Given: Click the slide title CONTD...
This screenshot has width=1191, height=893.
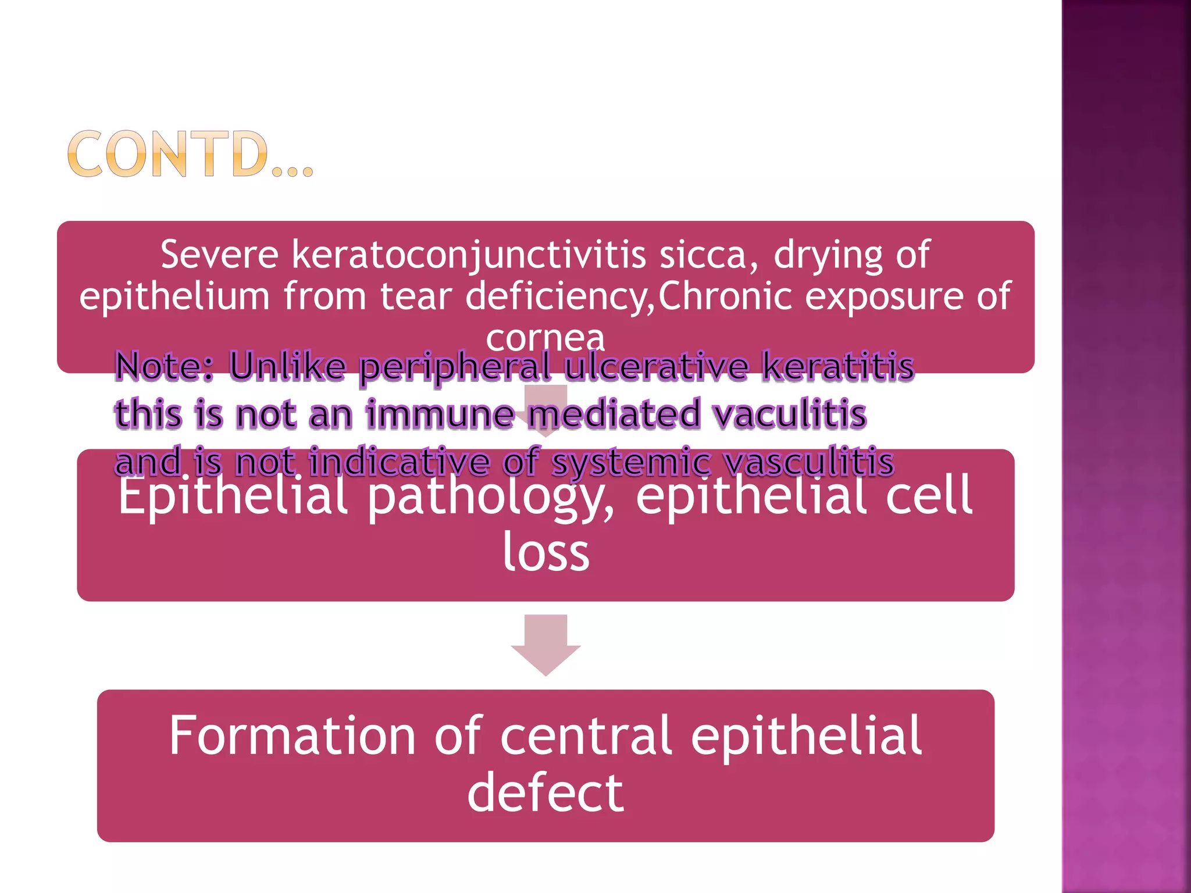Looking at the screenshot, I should (190, 154).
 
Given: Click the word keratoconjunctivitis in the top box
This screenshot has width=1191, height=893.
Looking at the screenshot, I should (468, 255).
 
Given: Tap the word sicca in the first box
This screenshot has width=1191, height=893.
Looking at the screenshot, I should (708, 255).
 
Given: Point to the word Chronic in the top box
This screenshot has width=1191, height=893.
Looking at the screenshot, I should (725, 296).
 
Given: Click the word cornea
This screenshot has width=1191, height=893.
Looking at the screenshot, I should (545, 337).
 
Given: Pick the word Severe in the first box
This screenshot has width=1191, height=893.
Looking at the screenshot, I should (219, 255).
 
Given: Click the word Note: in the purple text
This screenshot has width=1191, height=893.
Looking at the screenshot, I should (165, 367).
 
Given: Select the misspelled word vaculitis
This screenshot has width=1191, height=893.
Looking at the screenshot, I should (789, 415).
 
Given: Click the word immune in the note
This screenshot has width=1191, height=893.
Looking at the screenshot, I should (440, 415).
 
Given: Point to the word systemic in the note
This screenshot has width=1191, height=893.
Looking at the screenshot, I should (631, 463).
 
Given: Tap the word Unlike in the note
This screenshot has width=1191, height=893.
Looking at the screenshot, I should (287, 366).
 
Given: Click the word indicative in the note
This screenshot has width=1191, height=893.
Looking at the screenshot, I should (399, 463).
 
